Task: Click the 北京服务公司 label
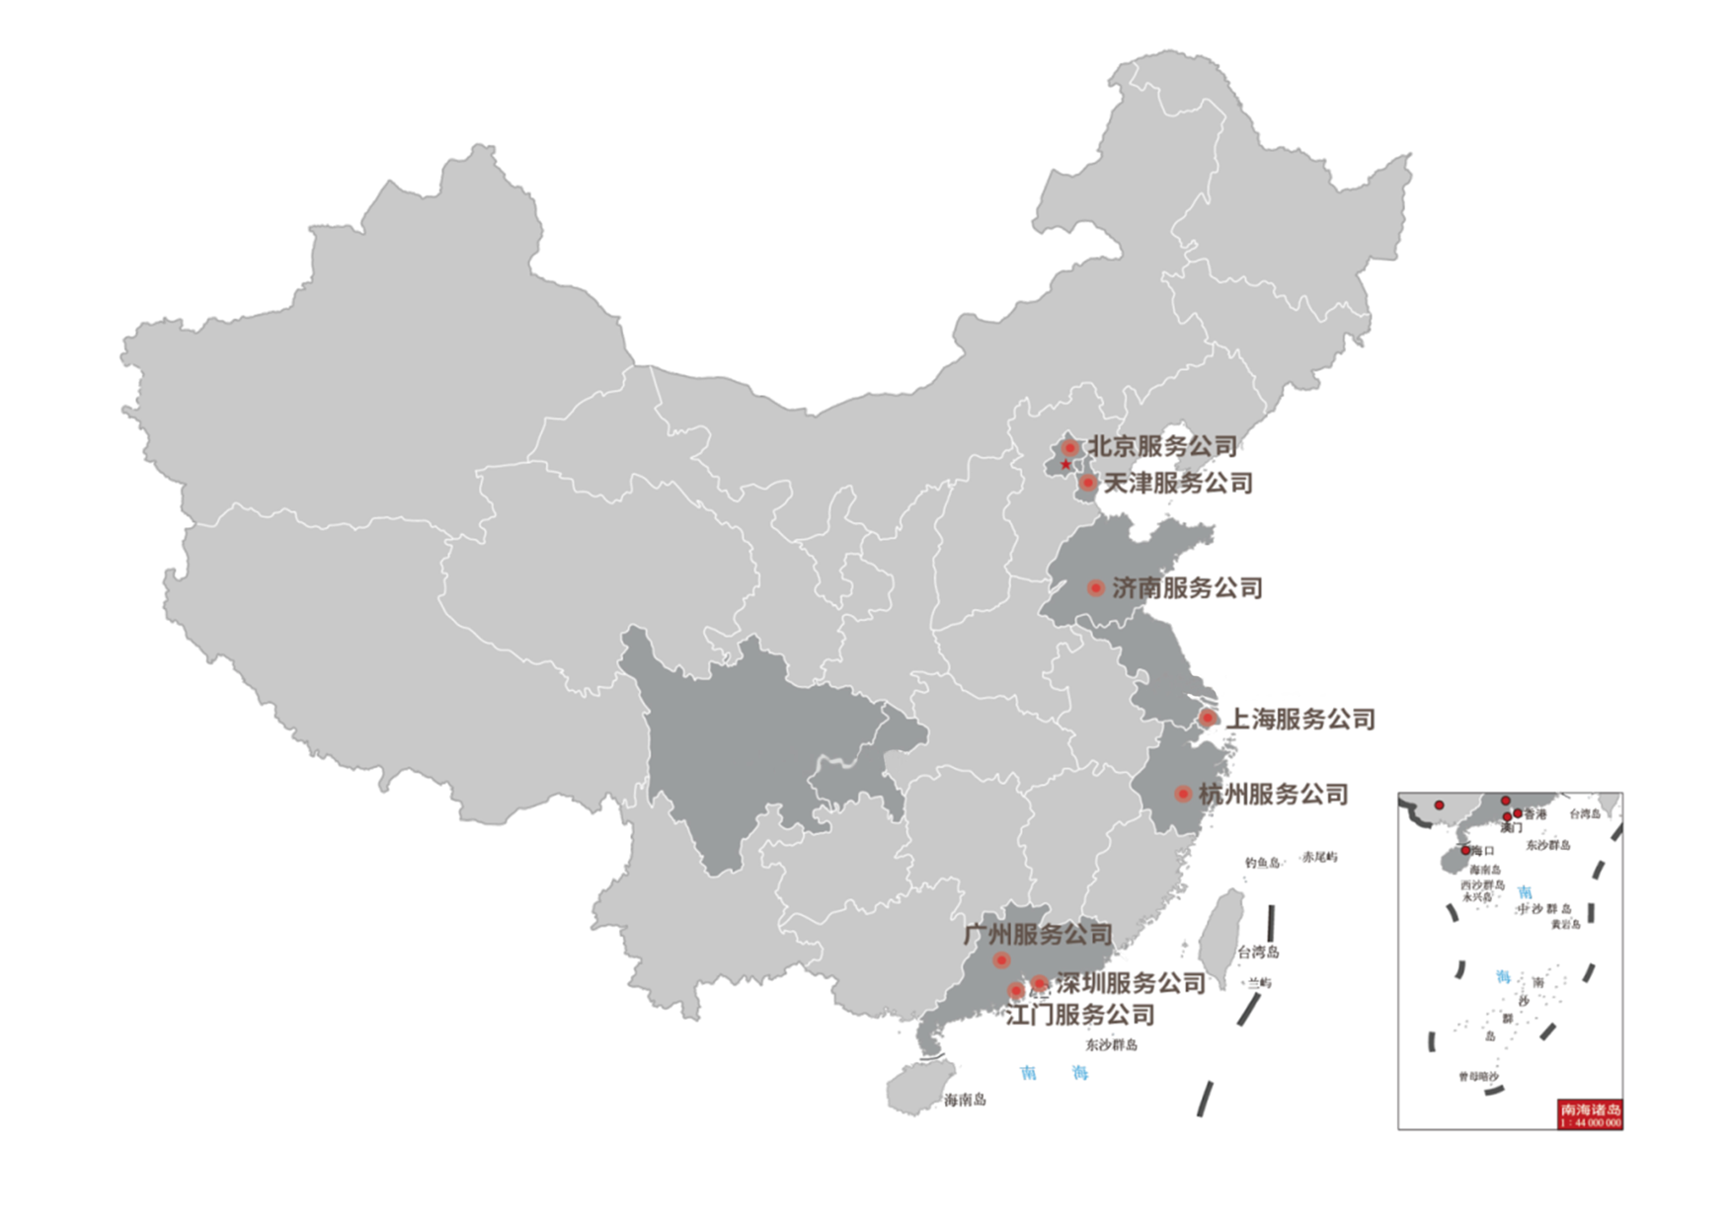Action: coord(1162,446)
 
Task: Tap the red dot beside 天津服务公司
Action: coord(1087,483)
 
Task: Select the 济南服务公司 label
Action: coord(1187,588)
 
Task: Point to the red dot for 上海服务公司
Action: coord(1207,718)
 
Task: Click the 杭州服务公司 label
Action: coord(1273,794)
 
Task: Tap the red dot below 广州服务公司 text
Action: coord(1001,959)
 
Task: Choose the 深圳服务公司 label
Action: coord(1131,983)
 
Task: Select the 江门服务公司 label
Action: coord(1080,1015)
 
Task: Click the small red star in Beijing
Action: coord(1065,464)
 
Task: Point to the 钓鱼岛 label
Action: coord(1262,863)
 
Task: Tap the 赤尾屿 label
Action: coord(1319,857)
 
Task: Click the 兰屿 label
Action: coord(1259,983)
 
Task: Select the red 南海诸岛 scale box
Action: coord(1590,1114)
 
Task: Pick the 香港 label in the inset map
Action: coord(1535,814)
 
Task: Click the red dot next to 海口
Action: coord(1465,850)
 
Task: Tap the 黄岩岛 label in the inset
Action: coord(1565,925)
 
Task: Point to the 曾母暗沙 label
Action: coord(1478,1077)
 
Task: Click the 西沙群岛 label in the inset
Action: coord(1482,885)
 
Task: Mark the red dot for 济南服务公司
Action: coord(1095,588)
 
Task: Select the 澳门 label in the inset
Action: coord(1511,828)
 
